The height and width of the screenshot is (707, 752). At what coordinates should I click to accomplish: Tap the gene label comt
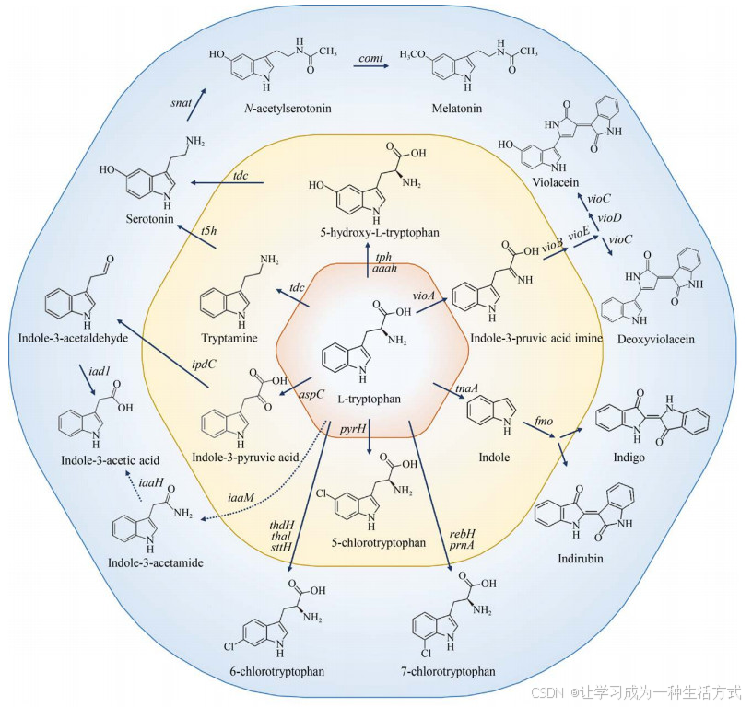[x=370, y=59]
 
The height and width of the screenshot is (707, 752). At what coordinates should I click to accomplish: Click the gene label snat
[x=181, y=103]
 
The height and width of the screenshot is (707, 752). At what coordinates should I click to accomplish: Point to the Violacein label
[x=552, y=182]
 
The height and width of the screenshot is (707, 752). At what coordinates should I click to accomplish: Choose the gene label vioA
[x=423, y=295]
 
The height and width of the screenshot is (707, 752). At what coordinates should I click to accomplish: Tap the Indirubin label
[x=579, y=558]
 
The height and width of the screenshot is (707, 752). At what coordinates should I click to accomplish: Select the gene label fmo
[x=544, y=423]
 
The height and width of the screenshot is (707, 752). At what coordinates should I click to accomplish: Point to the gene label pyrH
[x=353, y=430]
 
